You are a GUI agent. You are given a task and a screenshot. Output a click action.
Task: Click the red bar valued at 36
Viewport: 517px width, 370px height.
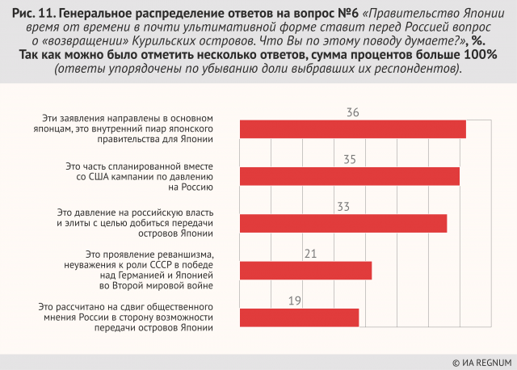tap(353, 129)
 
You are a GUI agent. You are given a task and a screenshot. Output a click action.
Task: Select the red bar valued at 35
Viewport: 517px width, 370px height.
tap(350, 176)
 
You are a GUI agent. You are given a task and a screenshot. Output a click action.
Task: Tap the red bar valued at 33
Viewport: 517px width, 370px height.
tap(343, 223)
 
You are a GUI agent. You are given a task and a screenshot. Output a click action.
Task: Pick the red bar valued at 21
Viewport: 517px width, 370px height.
tap(306, 271)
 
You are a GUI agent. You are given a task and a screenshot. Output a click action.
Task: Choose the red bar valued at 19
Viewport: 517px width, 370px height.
tap(300, 317)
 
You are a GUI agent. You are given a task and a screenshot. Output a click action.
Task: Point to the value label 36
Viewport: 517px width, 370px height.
tap(352, 112)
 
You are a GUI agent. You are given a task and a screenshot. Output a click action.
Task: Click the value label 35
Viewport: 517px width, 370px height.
tap(349, 159)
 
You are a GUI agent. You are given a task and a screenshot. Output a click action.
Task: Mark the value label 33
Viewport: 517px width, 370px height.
tap(343, 206)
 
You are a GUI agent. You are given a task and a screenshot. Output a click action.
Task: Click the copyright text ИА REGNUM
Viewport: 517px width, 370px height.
tap(481, 361)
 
